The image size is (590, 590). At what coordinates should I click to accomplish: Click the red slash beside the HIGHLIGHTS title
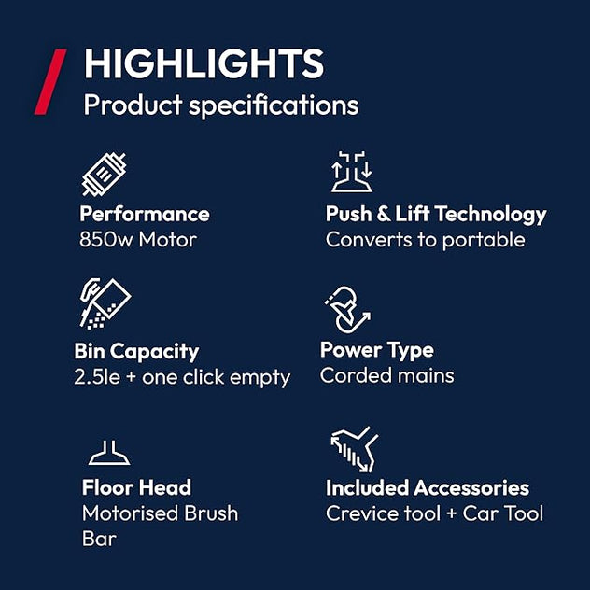pyautogui.click(x=50, y=82)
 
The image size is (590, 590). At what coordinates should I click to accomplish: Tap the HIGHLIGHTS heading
pyautogui.click(x=204, y=63)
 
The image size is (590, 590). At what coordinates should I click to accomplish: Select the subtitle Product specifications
pyautogui.click(x=220, y=105)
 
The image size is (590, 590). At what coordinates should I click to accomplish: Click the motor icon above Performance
pyautogui.click(x=104, y=175)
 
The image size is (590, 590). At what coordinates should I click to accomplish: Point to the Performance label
pyautogui.click(x=145, y=214)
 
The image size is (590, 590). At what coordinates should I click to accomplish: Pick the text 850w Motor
pyautogui.click(x=138, y=240)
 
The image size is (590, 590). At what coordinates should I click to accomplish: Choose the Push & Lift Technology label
pyautogui.click(x=435, y=214)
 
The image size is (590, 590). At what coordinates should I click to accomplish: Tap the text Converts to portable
pyautogui.click(x=425, y=240)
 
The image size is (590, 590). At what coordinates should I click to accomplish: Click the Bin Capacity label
pyautogui.click(x=136, y=351)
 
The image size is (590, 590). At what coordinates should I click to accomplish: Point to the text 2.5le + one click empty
pyautogui.click(x=182, y=377)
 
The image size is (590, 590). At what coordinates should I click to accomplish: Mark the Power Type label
pyautogui.click(x=376, y=350)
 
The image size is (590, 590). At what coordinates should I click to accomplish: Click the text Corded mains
pyautogui.click(x=386, y=375)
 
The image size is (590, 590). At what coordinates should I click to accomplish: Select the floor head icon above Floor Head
pyautogui.click(x=109, y=454)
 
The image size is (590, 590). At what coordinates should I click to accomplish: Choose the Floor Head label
pyautogui.click(x=136, y=487)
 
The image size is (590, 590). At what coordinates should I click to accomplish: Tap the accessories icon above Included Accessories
pyautogui.click(x=353, y=448)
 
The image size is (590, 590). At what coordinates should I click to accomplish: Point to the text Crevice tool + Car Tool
pyautogui.click(x=434, y=513)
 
